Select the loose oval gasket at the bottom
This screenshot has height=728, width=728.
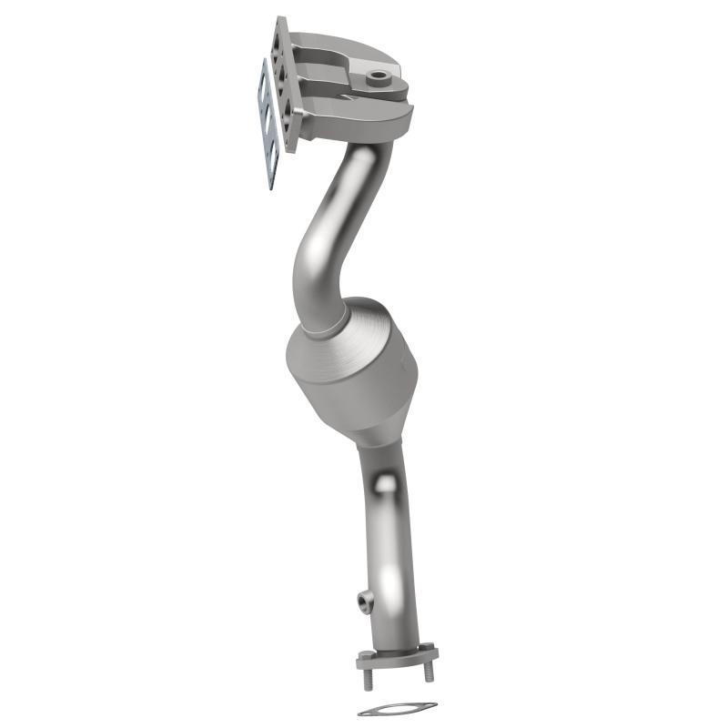(x=397, y=708)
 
